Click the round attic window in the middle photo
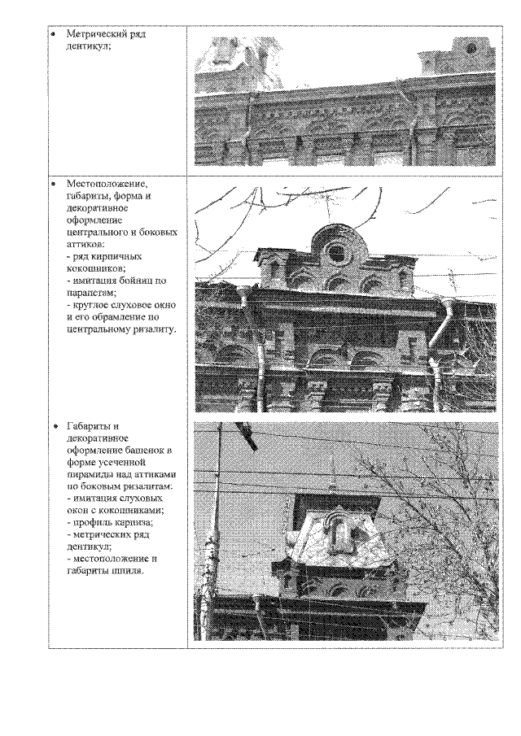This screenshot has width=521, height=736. pyautogui.click(x=335, y=252)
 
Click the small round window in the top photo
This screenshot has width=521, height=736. pyautogui.click(x=471, y=50)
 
